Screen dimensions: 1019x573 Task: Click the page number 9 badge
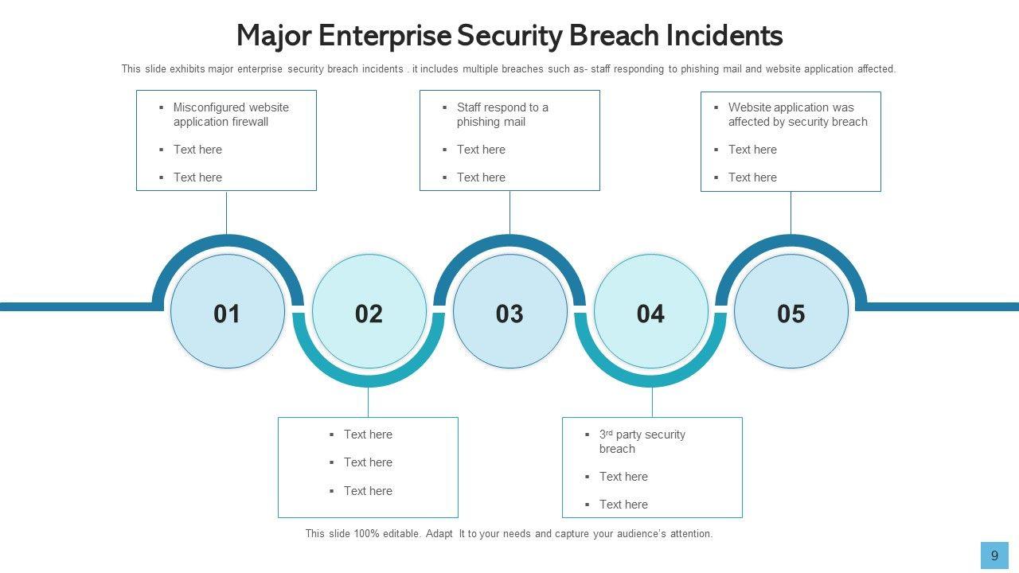pos(994,555)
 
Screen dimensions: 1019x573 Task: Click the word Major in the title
pos(273,36)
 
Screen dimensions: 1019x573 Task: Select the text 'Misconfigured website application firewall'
pos(231,115)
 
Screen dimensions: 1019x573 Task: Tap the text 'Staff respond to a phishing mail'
pos(502,115)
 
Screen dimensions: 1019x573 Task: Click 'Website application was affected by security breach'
pos(798,115)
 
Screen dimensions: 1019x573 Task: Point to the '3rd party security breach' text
pos(642,442)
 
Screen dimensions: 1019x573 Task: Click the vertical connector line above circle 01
pos(226,212)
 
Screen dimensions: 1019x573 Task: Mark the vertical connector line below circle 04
pos(652,403)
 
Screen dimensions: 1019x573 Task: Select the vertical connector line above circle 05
pos(791,212)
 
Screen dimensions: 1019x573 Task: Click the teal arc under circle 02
pos(369,380)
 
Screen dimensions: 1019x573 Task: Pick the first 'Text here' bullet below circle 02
pos(368,435)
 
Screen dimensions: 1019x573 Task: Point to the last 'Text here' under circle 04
pos(623,505)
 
